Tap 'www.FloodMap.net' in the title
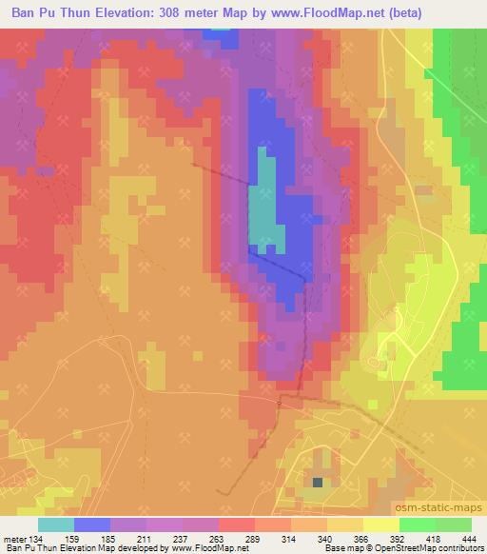tap(324, 12)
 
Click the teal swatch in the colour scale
tap(56, 524)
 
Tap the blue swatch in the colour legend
tap(92, 524)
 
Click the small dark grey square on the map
tap(317, 482)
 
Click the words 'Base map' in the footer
tap(339, 549)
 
